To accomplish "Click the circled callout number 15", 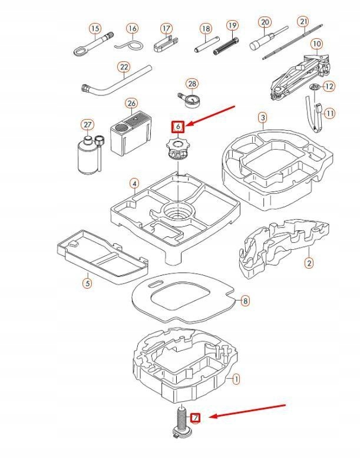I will click(95, 28).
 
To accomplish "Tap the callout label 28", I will click(192, 84).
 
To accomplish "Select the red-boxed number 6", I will click(178, 126).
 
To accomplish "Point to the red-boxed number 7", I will click(196, 418).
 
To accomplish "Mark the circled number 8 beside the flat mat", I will click(245, 301).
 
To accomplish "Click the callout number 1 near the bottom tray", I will click(236, 379).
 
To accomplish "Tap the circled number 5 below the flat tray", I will click(87, 283).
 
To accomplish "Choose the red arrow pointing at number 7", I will click(247, 411).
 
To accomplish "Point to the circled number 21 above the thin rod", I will click(303, 22).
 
